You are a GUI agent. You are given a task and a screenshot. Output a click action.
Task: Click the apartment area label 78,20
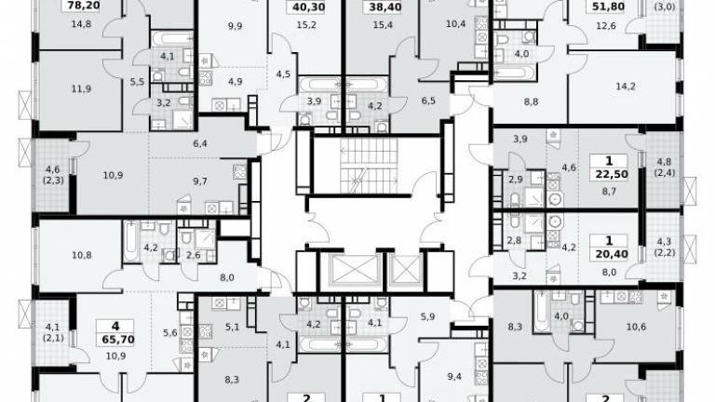tap(84, 6)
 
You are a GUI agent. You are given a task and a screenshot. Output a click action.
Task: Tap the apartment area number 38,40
tap(382, 7)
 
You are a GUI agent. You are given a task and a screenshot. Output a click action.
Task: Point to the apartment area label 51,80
tap(608, 7)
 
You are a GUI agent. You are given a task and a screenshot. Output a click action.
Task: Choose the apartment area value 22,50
tap(609, 175)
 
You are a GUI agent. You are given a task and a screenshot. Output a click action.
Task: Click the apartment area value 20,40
tap(609, 254)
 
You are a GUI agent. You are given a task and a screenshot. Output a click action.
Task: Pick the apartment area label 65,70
tap(115, 340)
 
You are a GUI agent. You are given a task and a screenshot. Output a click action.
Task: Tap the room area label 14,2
tap(626, 87)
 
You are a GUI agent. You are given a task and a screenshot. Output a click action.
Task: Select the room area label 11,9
tap(81, 88)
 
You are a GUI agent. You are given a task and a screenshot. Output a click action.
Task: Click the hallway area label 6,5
tap(428, 100)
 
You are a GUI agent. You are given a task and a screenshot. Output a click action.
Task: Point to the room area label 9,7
tap(200, 181)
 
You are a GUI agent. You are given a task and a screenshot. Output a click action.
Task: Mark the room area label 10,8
tap(82, 255)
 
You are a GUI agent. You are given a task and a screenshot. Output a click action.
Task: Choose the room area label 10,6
tap(636, 327)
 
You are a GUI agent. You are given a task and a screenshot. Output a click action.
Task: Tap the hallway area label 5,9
tap(427, 316)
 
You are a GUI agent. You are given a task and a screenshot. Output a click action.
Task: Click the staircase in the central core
tap(369, 165)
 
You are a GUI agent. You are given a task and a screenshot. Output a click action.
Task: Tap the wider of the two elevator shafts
tap(354, 270)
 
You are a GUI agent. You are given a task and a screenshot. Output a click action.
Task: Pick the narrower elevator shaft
tap(405, 270)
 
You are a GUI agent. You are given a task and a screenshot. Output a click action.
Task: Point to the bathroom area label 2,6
tap(194, 255)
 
